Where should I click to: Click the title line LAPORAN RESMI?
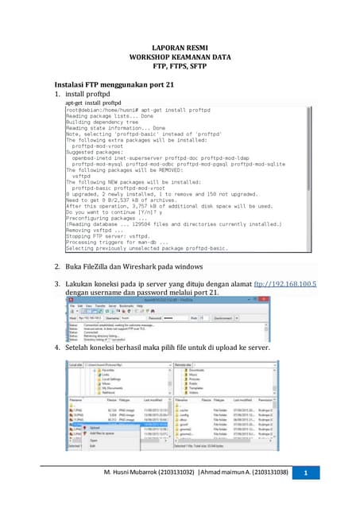click(x=179, y=48)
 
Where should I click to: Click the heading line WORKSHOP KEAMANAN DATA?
click(x=179, y=57)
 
